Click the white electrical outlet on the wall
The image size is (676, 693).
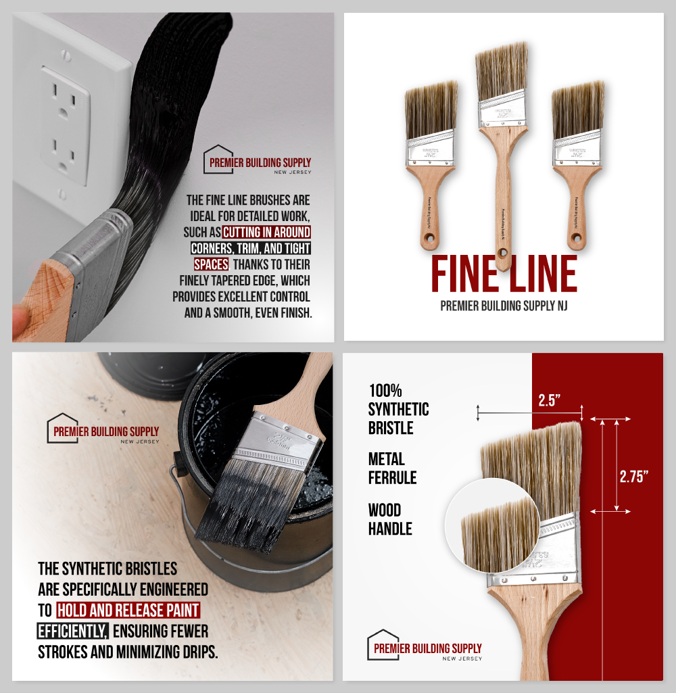coord(66,126)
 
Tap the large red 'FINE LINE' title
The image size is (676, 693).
coord(504,274)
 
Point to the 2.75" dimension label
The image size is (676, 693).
coord(633,476)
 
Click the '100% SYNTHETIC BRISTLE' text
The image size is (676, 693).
coord(398,409)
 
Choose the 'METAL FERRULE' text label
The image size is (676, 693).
coord(392,469)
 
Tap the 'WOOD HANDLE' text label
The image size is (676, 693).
coord(390,519)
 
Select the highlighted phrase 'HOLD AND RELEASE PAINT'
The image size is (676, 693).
coord(128,611)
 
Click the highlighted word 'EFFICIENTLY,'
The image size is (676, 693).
coord(73,631)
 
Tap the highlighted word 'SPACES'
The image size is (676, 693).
coord(211,264)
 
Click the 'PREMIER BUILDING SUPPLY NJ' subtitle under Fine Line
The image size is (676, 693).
coord(504,306)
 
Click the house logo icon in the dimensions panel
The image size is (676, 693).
coord(382,644)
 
